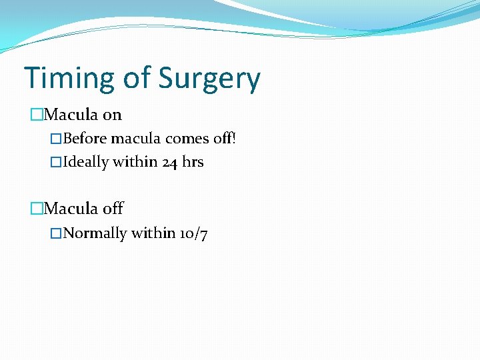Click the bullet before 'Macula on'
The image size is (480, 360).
point(37,115)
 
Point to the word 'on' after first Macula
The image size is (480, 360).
point(112,115)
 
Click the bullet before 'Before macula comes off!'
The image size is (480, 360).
point(57,139)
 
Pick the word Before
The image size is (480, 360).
point(85,139)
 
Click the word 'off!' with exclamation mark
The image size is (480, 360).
point(223,139)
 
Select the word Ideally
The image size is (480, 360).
point(86,162)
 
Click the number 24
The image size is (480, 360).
point(170,162)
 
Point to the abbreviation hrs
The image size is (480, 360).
point(193,162)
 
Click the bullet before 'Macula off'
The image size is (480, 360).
point(37,209)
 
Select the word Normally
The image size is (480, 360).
point(95,233)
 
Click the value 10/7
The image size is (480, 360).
point(193,233)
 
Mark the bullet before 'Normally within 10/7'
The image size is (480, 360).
point(57,233)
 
